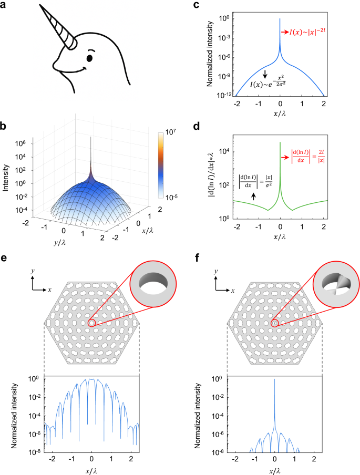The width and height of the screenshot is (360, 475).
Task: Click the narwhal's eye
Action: [x=89, y=56]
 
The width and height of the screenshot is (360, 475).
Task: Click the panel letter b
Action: [x=5, y=127]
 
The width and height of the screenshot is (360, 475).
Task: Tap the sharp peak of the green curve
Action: [x=280, y=142]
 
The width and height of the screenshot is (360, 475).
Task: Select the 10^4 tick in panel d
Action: [x=224, y=151]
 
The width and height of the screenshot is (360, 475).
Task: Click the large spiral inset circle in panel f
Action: [x=333, y=286]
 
